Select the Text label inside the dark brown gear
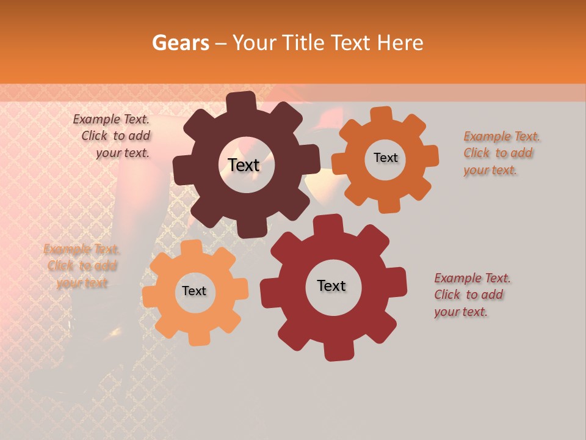[244, 165]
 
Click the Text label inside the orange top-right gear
[385, 158]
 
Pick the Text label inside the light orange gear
[194, 291]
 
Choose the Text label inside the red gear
[331, 285]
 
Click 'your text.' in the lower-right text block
[461, 312]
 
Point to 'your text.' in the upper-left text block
[123, 153]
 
